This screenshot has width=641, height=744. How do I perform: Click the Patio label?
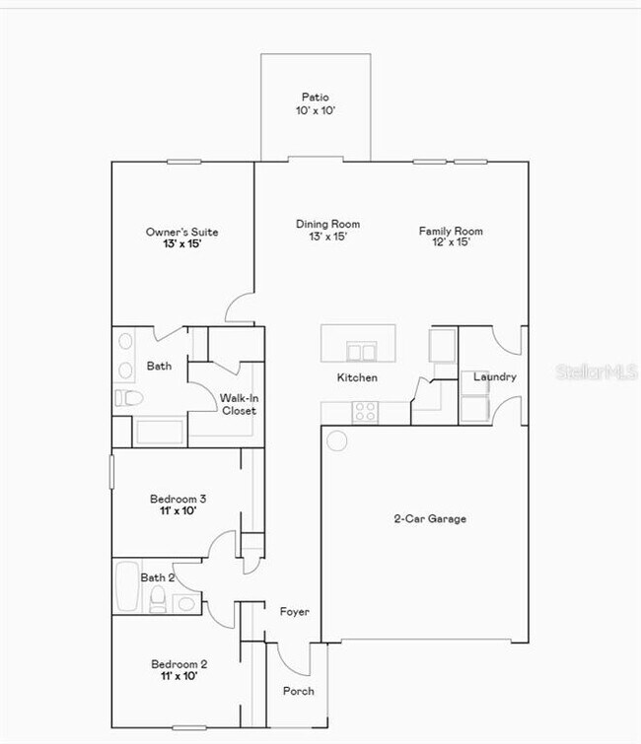click(316, 98)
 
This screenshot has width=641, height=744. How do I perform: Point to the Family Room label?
click(451, 232)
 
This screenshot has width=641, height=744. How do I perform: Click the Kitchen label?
click(357, 377)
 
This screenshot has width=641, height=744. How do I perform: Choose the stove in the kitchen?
click(365, 412)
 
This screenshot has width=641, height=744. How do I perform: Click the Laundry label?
click(494, 376)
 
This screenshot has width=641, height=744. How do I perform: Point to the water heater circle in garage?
click(337, 440)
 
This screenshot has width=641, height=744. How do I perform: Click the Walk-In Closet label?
click(239, 404)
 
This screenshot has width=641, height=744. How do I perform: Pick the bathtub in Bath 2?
click(128, 586)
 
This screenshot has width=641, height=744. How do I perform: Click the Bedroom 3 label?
click(178, 498)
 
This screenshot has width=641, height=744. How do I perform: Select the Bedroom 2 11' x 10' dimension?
click(178, 677)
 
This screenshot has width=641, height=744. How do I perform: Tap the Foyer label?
click(294, 612)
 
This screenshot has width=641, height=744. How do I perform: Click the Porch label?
click(299, 691)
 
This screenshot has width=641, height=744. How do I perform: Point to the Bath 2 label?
click(158, 577)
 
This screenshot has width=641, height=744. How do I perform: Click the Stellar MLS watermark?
click(598, 372)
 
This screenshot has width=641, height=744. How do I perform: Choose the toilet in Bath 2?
click(159, 597)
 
